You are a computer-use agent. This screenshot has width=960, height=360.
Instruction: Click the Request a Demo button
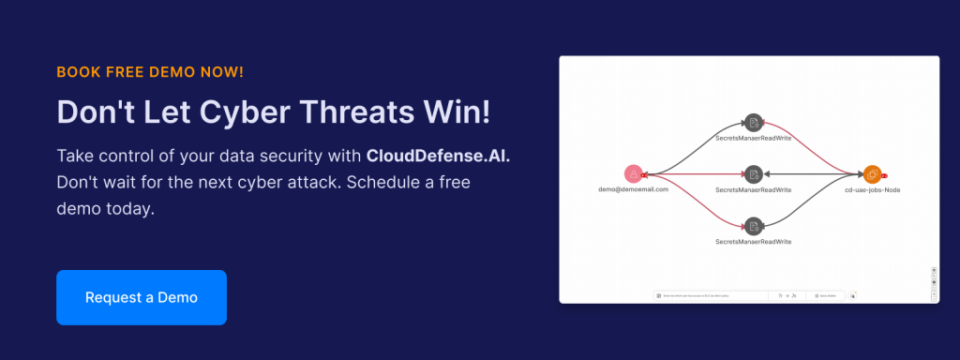[142, 297]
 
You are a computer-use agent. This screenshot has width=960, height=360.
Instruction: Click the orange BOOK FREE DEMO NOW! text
[150, 71]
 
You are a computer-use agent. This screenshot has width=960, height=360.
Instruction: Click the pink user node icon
[634, 173]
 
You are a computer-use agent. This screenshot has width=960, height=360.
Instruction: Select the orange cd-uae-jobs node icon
[871, 173]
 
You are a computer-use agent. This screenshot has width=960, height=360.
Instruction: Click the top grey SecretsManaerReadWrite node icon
[752, 122]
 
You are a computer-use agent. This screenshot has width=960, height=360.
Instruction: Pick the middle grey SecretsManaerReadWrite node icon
[752, 173]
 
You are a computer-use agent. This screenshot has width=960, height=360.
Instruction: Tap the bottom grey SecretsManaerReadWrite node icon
[752, 225]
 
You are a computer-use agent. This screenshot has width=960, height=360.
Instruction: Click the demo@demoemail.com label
[634, 189]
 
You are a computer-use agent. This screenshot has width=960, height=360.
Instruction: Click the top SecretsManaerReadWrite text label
[753, 138]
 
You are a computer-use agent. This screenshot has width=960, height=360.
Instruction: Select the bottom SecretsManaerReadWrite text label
[753, 241]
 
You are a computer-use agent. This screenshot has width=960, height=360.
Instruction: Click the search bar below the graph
[712, 295]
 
